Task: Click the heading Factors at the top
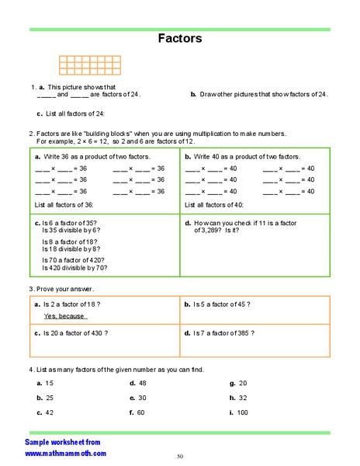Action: point(180,37)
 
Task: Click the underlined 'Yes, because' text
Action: point(65,316)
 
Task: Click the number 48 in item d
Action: point(144,383)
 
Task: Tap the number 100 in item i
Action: point(243,412)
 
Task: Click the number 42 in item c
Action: point(49,412)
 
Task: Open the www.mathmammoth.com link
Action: point(65,452)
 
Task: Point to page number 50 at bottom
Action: point(180,456)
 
